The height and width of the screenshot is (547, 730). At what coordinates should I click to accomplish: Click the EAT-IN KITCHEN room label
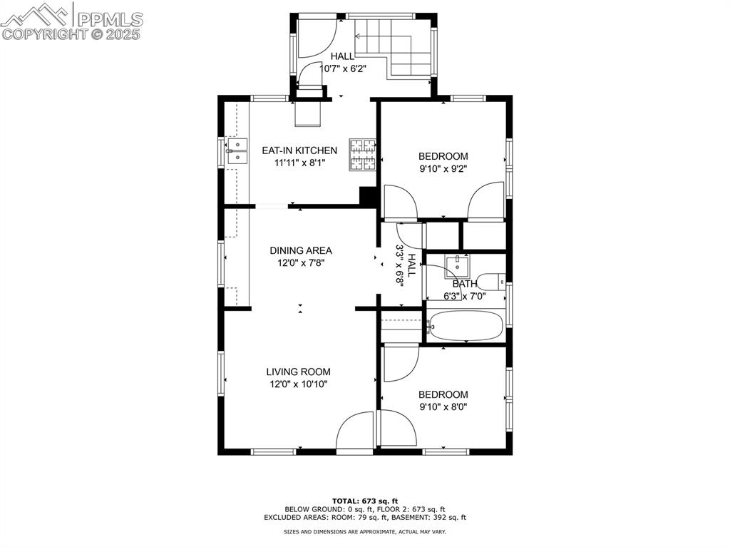click(299, 150)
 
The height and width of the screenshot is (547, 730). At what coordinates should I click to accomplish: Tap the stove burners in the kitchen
click(362, 155)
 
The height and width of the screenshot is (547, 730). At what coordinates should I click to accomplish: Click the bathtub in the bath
click(466, 327)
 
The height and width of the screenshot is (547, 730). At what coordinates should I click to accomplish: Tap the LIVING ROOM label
click(298, 372)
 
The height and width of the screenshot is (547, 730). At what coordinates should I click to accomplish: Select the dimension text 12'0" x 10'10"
click(298, 384)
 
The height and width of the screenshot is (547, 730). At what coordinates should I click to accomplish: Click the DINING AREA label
click(300, 250)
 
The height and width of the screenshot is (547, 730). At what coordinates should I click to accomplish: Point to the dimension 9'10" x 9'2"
click(443, 169)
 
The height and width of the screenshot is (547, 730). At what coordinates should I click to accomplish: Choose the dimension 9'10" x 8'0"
click(443, 407)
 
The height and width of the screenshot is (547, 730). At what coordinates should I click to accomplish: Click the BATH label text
click(465, 284)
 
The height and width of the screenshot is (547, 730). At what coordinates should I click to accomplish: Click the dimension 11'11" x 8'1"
click(300, 163)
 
